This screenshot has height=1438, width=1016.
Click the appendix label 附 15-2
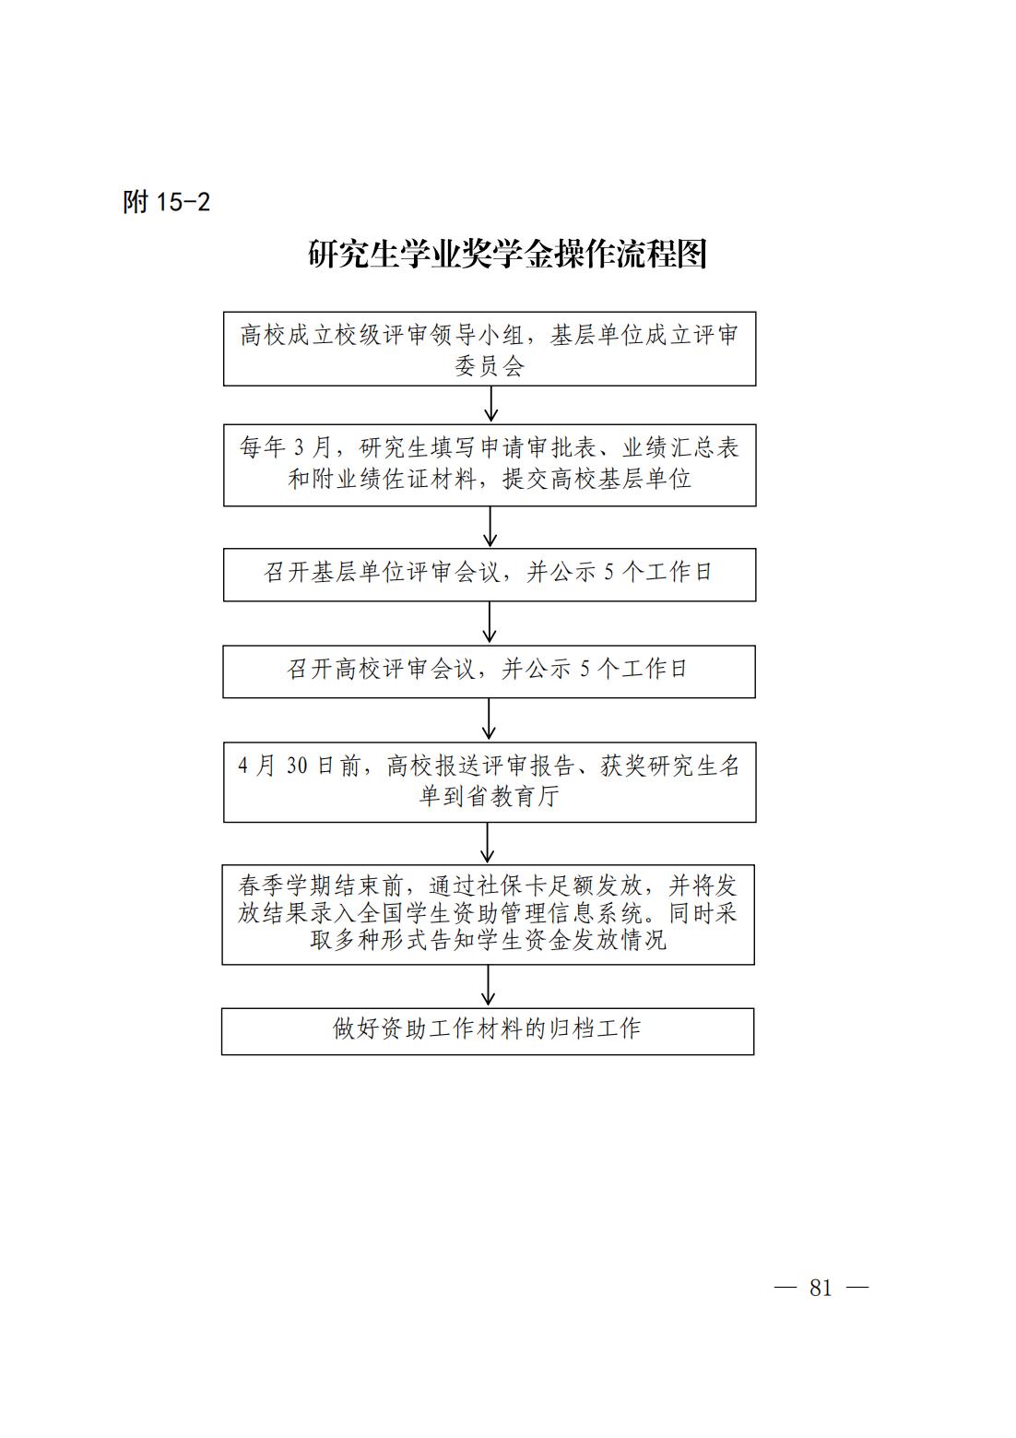(x=166, y=202)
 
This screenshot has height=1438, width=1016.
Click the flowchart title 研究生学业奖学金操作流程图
(x=508, y=255)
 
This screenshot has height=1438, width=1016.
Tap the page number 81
(x=821, y=1288)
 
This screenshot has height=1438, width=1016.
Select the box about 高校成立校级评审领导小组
(x=490, y=350)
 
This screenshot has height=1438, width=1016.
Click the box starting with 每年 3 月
(x=490, y=466)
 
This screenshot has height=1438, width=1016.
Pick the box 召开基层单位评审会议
(x=490, y=575)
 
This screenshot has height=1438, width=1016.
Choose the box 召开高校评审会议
(x=489, y=671)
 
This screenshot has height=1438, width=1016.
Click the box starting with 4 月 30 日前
(x=490, y=782)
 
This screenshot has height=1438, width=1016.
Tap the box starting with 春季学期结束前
(x=489, y=915)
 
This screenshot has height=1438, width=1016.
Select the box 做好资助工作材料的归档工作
(x=488, y=1031)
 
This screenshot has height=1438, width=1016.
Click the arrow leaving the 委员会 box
(x=491, y=404)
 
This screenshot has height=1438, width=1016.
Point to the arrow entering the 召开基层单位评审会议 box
(x=490, y=527)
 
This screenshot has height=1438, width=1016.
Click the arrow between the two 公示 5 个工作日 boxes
(x=489, y=623)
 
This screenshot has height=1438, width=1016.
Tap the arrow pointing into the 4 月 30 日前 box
(x=489, y=719)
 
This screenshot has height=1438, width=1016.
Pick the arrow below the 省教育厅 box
(x=488, y=843)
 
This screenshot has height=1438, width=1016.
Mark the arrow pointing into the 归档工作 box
(x=488, y=986)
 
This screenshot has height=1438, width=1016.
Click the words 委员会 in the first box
(x=490, y=366)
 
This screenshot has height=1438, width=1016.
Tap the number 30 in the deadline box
(x=297, y=766)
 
